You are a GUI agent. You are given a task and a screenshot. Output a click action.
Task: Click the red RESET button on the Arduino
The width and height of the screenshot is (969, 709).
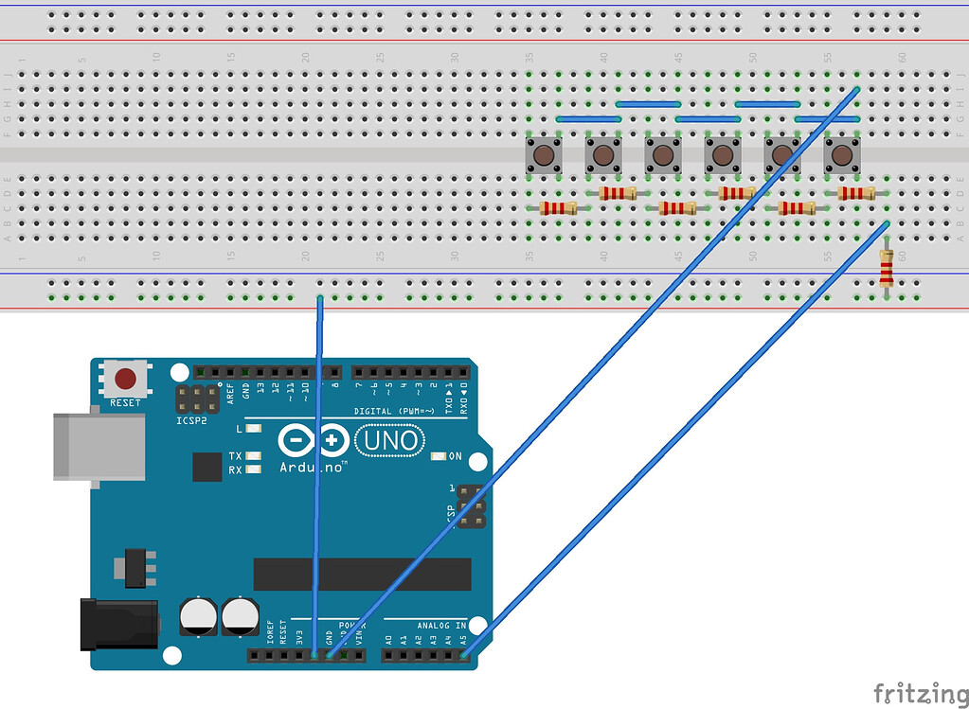click(x=125, y=381)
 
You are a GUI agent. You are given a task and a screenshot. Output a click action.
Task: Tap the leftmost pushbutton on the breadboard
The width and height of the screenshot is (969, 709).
click(x=544, y=154)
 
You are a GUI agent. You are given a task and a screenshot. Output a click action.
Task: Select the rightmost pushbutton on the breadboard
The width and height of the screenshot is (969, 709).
click(x=841, y=154)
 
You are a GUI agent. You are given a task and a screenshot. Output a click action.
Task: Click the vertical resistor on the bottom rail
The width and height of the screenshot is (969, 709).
click(x=886, y=268)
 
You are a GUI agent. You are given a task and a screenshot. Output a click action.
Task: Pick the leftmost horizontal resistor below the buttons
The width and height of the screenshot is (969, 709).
click(x=557, y=208)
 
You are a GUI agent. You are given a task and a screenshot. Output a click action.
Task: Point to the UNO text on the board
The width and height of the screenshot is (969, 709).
click(x=388, y=440)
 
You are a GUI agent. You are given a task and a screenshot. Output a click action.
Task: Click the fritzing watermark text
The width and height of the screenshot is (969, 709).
click(x=913, y=693)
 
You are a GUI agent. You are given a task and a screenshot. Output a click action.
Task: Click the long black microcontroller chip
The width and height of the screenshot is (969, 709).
click(x=362, y=574)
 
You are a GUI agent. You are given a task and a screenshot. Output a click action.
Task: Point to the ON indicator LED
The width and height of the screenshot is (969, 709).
click(x=438, y=456)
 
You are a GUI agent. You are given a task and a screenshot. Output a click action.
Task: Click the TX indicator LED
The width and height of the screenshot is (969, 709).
click(x=253, y=456)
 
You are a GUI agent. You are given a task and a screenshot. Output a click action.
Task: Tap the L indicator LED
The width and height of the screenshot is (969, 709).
click(x=253, y=429)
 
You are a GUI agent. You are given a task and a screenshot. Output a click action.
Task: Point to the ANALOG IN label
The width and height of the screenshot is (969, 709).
click(x=441, y=625)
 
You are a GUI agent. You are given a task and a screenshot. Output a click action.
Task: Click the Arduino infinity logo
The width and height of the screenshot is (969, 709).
click(x=314, y=441)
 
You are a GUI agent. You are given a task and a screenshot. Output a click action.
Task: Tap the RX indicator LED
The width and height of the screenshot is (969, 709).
click(x=253, y=469)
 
